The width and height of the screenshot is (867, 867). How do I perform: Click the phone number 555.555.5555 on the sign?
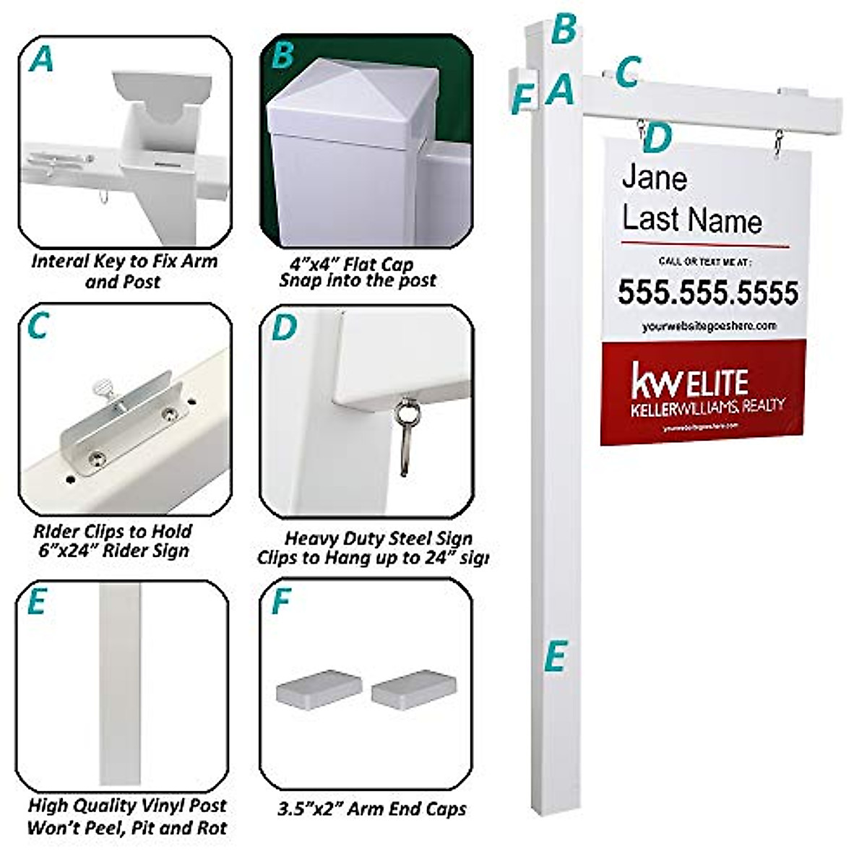707,293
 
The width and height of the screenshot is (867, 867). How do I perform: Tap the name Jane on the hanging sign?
654,178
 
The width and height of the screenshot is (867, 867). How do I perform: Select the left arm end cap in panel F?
319,687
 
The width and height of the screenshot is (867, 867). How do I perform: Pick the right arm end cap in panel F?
414,689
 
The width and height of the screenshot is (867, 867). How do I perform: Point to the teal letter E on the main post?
555,657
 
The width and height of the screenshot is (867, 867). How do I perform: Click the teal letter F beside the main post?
521,98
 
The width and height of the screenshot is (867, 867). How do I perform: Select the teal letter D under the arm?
656,139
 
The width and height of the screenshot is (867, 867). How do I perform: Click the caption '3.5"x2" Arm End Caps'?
372,808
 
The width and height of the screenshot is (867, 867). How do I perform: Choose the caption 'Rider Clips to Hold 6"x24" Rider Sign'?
112,541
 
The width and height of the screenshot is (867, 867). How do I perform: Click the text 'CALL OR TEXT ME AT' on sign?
705,261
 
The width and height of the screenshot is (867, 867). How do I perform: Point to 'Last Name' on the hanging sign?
691,220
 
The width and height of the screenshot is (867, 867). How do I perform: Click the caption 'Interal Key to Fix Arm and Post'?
124,271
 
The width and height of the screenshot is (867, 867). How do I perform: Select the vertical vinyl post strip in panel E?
123,683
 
